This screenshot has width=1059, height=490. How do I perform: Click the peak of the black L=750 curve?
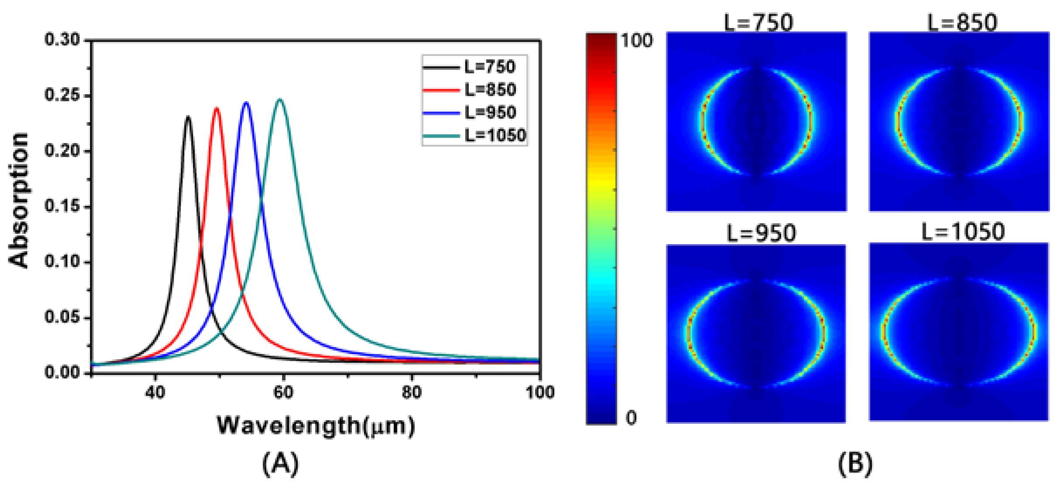click(188, 117)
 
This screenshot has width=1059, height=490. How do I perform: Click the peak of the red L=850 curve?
click(217, 108)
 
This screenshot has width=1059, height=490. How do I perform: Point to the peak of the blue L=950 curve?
click(246, 103)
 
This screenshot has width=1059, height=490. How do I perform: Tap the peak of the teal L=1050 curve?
click(280, 100)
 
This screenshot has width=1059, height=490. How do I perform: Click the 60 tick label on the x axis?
click(283, 392)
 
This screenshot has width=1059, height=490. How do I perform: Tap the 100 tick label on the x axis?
click(540, 392)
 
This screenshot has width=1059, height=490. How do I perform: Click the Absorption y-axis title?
click(19, 201)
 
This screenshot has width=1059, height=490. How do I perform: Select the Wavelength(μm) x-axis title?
click(316, 425)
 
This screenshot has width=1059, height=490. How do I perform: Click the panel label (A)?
click(281, 463)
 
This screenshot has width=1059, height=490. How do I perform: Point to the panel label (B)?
click(855, 463)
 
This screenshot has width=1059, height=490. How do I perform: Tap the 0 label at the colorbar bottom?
click(631, 417)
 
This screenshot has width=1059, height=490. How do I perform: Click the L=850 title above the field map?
click(962, 22)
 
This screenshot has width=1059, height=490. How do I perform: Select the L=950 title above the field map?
click(761, 233)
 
